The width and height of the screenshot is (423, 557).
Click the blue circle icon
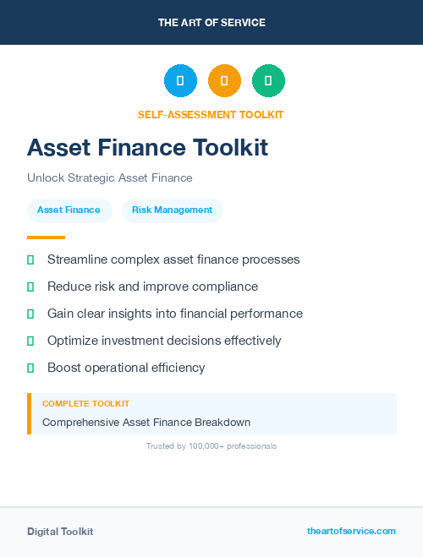[180, 81]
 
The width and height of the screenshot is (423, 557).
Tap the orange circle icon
[224, 81]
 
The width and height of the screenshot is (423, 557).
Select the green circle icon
[268, 81]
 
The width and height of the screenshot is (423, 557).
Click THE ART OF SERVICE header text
[211, 23]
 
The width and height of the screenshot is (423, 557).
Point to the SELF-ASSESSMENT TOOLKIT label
[211, 115]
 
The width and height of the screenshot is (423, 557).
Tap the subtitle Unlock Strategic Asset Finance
[110, 178]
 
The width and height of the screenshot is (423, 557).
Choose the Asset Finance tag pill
[69, 210]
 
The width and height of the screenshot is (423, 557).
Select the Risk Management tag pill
[172, 210]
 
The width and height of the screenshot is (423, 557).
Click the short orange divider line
[46, 238]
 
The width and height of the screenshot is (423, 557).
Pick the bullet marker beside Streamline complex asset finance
[30, 259]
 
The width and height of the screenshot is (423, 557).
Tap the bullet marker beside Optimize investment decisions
[30, 341]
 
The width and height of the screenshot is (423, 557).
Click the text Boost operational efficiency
[126, 368]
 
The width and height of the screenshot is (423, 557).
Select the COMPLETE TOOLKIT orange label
[85, 404]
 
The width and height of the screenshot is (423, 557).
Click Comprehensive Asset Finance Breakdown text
[146, 423]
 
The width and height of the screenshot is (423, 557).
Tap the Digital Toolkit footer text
[60, 532]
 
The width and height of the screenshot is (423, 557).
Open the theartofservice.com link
[351, 531]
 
